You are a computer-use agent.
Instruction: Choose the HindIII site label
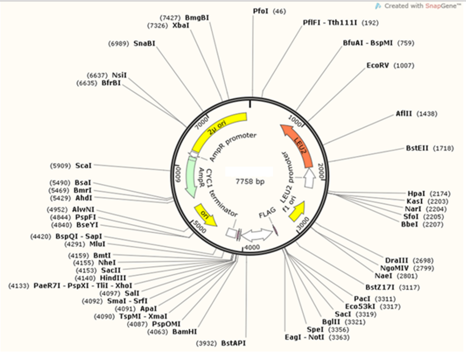(x=113, y=277)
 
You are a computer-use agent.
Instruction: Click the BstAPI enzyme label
(x=233, y=343)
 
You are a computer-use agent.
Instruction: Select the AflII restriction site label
(x=403, y=114)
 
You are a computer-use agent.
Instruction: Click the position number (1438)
(x=427, y=114)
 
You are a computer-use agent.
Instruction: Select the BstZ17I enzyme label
(x=379, y=287)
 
